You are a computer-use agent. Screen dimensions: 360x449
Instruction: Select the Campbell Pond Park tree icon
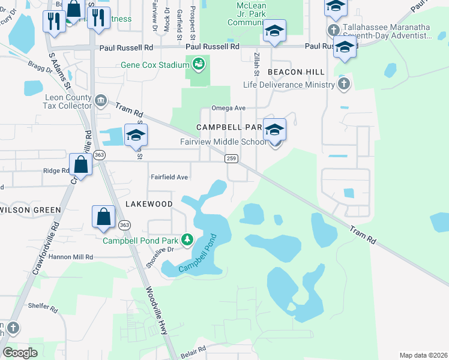[187, 241]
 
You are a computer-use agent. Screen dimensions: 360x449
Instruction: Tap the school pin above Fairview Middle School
[274, 130]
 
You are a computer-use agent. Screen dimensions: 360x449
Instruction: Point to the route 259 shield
[232, 158]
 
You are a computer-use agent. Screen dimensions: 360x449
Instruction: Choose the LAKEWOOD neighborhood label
[149, 204]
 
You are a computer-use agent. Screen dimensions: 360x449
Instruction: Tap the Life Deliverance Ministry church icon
[342, 84]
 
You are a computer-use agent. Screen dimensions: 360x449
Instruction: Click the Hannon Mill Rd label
[72, 257]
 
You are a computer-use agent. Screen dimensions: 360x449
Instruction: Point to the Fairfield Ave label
[169, 178]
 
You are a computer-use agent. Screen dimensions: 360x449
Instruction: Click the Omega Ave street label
[229, 108]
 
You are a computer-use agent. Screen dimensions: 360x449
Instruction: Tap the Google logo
[20, 353]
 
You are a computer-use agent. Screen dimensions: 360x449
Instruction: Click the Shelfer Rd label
[42, 307]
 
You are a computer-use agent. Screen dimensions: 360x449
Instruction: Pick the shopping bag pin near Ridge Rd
[80, 164]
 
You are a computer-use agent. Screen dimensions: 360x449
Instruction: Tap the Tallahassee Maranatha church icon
[334, 29]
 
